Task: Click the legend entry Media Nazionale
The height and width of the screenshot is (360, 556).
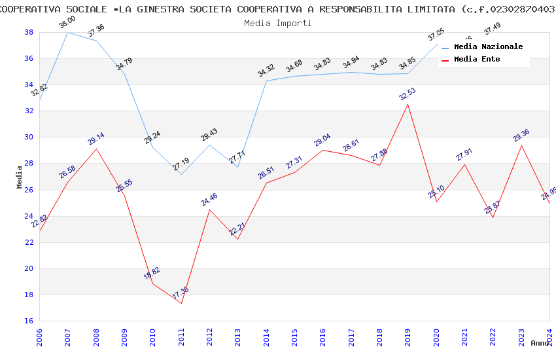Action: [x=488, y=47]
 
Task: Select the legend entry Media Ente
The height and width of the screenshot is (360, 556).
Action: [x=477, y=60]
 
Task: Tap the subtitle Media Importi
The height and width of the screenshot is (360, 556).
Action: [x=278, y=23]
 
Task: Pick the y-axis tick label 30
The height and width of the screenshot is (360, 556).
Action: [x=29, y=137]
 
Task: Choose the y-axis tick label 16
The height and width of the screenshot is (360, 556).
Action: [x=29, y=321]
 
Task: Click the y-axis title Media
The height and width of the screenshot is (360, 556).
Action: [x=20, y=177]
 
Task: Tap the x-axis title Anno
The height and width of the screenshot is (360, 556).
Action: [x=540, y=343]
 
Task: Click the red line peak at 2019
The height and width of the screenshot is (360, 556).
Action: [x=408, y=104]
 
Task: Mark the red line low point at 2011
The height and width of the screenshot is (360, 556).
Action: [x=181, y=303]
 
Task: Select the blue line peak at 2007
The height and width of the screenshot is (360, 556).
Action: [x=67, y=32]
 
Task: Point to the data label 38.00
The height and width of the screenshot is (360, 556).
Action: [x=67, y=22]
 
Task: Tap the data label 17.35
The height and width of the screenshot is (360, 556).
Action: [x=181, y=293]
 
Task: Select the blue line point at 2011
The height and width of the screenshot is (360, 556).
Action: [x=181, y=174]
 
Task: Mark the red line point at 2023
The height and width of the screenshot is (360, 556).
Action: [x=521, y=145]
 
